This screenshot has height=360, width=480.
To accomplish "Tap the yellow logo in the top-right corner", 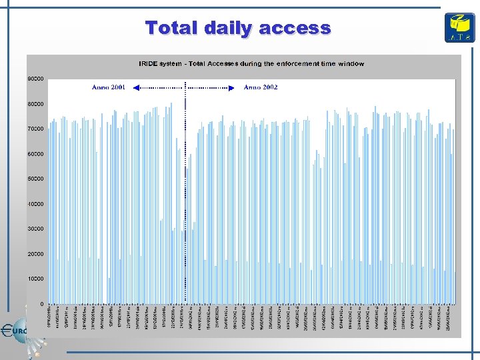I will pos(459,27).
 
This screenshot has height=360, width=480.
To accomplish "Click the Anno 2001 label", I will pos(108,87).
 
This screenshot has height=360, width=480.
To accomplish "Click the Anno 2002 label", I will pos(261,87).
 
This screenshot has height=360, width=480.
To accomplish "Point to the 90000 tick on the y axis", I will pos(35,79).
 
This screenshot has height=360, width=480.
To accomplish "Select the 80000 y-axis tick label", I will pos(35,104).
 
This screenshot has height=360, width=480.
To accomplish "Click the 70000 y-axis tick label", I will pos(35,129).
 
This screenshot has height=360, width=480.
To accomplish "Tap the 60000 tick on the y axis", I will pos(35,154).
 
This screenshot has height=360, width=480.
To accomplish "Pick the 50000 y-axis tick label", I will pos(35,179).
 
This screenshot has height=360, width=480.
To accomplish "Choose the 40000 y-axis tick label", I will pos(35,204).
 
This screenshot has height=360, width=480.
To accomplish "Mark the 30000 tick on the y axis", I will pos(35,229).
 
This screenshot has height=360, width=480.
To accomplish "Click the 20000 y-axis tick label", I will pos(35,254).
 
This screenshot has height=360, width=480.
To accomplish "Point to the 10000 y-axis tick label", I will pos(35,279).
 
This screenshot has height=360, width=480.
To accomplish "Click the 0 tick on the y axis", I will pos(43,304).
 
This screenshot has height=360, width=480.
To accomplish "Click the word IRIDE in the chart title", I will pos(147,64).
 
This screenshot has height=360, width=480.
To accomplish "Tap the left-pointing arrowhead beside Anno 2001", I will pos(135,87).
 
